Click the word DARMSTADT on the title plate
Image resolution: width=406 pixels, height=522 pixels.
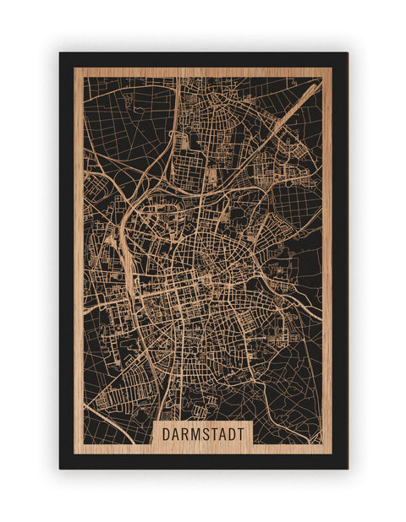point(202,433)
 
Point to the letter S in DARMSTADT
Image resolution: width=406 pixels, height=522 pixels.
point(205,433)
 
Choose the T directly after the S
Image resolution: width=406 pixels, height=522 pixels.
point(214,433)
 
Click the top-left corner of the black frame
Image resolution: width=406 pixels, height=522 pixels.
point(60,53)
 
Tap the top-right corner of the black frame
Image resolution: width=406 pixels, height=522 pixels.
point(347,53)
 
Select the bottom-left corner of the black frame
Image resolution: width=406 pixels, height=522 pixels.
point(60,468)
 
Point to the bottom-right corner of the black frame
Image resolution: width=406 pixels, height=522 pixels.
point(347,468)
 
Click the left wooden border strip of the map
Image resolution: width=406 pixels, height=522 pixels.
point(79,253)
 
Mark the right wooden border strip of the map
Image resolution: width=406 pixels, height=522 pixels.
point(326,253)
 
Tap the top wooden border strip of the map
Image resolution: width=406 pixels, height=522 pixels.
point(203,72)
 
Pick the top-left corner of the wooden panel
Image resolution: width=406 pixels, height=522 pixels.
point(74,68)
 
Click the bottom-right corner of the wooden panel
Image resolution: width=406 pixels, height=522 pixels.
point(332,454)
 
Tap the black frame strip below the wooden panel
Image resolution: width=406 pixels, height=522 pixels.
point(203,461)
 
